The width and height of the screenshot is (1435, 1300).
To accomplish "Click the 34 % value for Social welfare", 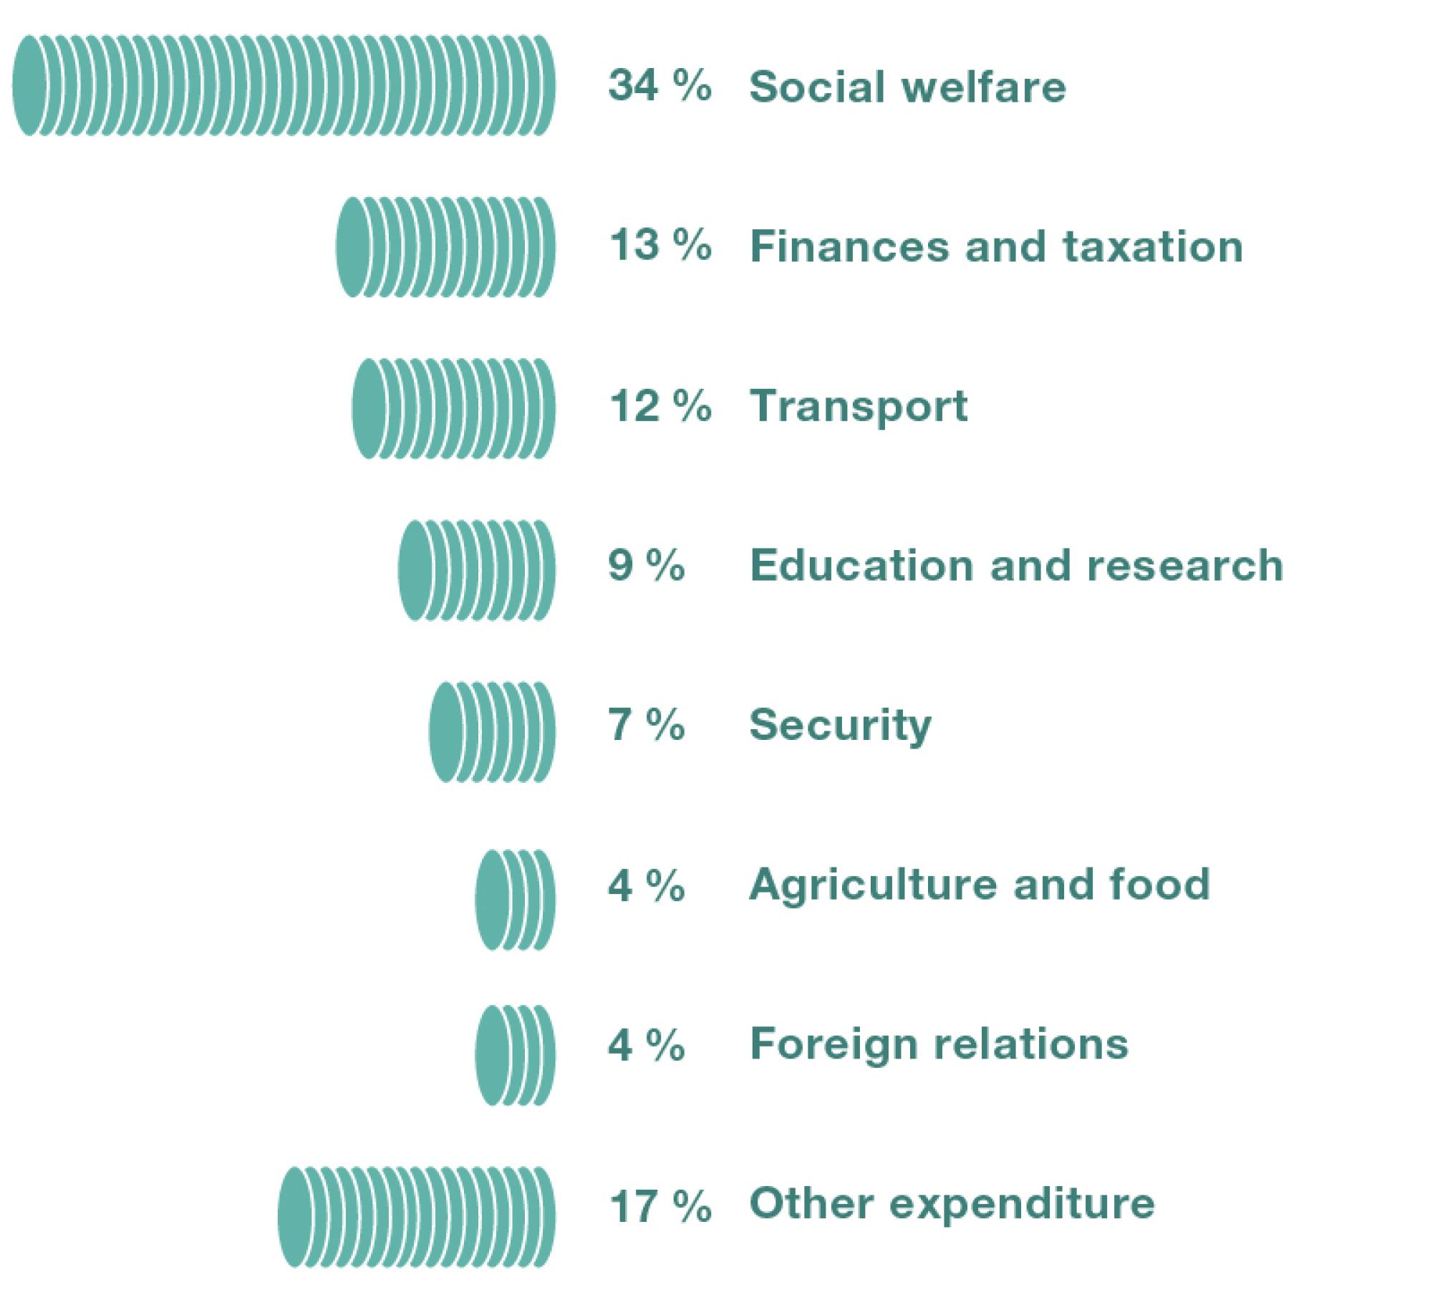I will [659, 86].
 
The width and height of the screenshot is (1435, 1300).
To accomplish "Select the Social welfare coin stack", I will [284, 86].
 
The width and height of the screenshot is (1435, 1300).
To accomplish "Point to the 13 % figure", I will [659, 246].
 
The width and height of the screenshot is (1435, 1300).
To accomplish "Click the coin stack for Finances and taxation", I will [445, 247].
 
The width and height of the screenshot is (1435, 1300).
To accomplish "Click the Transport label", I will [858, 407].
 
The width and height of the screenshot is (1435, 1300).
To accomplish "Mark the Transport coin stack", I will [453, 408].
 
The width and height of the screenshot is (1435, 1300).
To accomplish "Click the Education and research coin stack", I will [476, 570].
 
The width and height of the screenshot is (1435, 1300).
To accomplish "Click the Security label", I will [840, 726].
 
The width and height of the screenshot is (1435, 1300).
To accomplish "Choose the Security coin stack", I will [492, 731].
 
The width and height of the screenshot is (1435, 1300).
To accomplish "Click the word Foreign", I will [831, 1045].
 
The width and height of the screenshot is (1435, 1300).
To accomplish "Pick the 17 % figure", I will [659, 1205].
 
